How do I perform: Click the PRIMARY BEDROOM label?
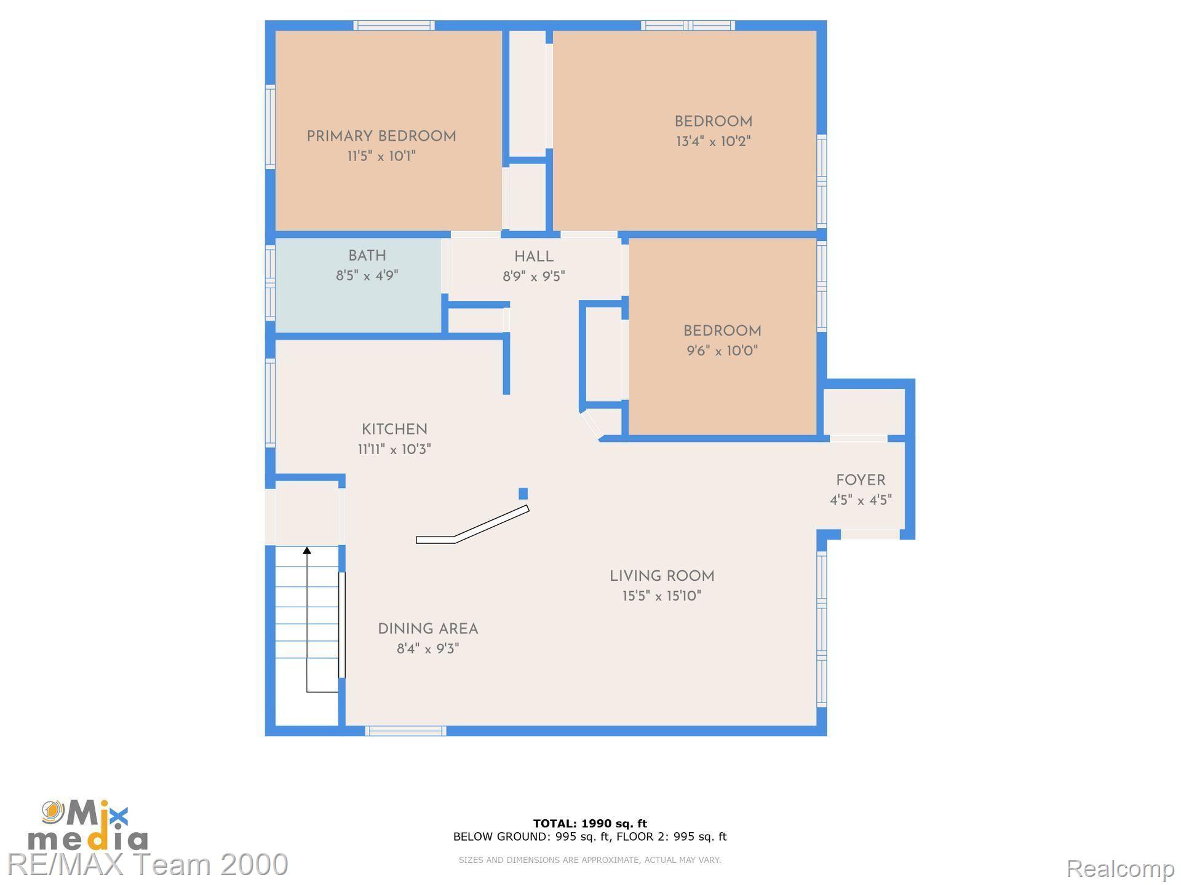[381, 136]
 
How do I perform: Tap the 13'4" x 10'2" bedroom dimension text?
[714, 141]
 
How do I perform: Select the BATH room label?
[367, 256]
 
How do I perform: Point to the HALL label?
[534, 257]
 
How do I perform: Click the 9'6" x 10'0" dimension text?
[722, 351]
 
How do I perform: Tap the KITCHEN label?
[394, 430]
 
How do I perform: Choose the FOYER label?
[861, 481]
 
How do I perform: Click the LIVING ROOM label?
[662, 576]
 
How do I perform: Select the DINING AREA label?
[428, 629]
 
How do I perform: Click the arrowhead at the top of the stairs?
[307, 550]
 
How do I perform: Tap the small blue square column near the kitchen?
[523, 494]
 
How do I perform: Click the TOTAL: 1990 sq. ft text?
[590, 824]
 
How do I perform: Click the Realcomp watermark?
[1119, 868]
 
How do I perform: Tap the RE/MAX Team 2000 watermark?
[148, 865]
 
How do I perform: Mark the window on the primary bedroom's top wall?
[394, 25]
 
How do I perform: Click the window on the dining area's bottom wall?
[405, 731]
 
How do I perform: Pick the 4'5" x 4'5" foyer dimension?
[861, 500]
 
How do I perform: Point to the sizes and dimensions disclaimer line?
[590, 860]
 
